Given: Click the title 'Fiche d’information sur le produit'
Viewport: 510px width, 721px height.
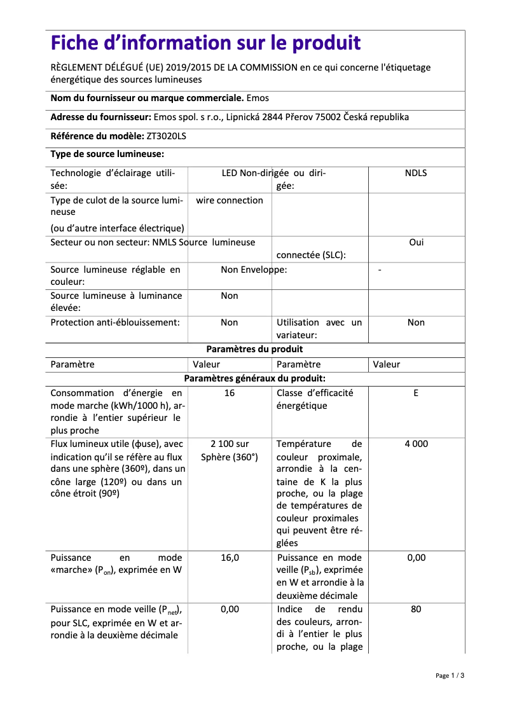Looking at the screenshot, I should point(205,43).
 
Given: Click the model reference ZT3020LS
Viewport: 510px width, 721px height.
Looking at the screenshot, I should point(167,136).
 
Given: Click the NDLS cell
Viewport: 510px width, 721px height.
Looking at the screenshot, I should point(416,173).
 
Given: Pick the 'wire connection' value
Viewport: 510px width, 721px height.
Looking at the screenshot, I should point(229,200).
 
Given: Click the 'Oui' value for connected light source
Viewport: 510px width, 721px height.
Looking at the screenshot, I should point(416,242).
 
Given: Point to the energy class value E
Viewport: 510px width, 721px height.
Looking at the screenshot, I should point(416,393).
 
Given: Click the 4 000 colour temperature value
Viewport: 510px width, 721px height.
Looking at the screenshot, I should point(416,444).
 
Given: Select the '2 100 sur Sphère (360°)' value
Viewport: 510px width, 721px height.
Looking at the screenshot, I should point(229,450).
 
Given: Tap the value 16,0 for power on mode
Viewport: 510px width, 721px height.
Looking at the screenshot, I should point(229,558).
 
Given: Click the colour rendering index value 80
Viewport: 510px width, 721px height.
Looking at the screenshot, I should point(416,608).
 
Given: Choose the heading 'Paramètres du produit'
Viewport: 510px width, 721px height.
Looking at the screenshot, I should point(254,349).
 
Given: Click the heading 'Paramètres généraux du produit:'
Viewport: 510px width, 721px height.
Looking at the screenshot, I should point(254,378).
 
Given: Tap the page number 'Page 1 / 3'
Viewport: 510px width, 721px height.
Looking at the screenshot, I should point(450,675).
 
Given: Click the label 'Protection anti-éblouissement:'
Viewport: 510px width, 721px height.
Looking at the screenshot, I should point(114,322).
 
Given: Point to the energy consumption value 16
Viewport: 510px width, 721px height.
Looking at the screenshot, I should point(229,393).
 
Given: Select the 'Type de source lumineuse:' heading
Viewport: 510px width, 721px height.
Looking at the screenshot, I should point(107,154).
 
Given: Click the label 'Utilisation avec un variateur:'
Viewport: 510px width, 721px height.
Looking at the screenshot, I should point(319,329).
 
